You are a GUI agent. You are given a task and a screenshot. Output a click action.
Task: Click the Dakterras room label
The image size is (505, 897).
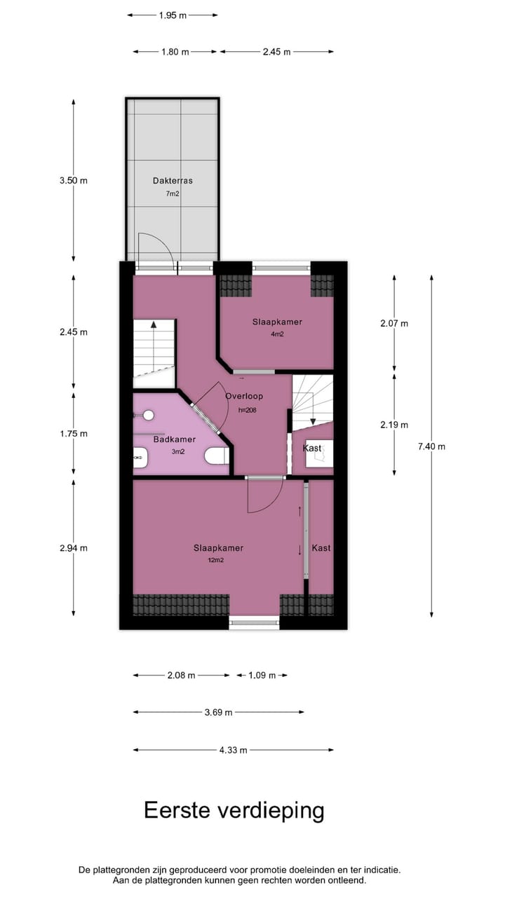[x=173, y=181]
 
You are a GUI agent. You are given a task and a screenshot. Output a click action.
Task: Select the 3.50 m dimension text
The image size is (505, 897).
[x=74, y=181]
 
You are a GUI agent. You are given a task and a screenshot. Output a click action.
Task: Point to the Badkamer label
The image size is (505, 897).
[x=175, y=440]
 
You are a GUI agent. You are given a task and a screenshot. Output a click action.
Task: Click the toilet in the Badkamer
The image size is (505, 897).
[x=217, y=456]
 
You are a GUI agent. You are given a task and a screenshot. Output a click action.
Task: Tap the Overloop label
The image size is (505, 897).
[x=244, y=397]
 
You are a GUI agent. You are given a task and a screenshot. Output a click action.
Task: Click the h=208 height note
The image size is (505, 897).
[x=247, y=411]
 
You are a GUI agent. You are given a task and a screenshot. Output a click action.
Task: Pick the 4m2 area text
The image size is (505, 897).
[x=278, y=334]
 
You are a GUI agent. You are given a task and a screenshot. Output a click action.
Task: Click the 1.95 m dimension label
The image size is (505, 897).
[x=173, y=15]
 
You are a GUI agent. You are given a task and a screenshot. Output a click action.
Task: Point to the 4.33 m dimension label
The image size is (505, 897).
[x=234, y=750]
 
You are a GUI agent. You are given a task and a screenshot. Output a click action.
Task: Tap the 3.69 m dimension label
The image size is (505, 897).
[x=218, y=713]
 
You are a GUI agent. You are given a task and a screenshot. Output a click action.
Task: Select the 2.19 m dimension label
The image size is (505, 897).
[x=394, y=425]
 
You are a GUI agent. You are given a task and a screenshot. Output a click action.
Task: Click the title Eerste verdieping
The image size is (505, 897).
[x=234, y=811]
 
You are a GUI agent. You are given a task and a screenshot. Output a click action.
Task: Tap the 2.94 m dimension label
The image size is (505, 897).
[x=74, y=549]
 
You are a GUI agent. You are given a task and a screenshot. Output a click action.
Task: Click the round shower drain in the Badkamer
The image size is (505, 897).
[x=149, y=415]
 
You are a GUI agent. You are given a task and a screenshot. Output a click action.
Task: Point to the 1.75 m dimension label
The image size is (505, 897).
[x=74, y=434]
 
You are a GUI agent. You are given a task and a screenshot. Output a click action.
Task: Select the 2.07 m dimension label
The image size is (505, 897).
[x=394, y=324]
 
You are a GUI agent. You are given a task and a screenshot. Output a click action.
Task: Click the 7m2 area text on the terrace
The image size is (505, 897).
[x=173, y=193]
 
